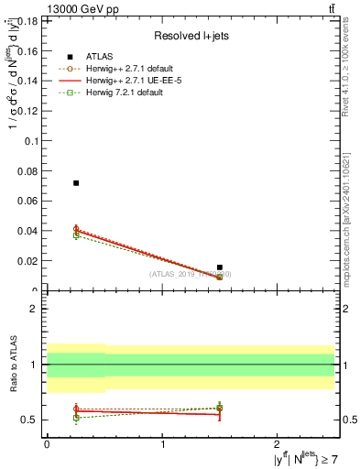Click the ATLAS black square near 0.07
coord(76,183)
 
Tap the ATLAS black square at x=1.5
coord(220,267)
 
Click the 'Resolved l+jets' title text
coord(191,37)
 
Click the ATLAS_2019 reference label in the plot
coord(191,274)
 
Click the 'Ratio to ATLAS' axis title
coord(13,365)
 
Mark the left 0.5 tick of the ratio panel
coord(33,420)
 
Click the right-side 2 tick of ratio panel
coord(343,309)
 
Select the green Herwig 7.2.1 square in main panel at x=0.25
coord(76,235)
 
